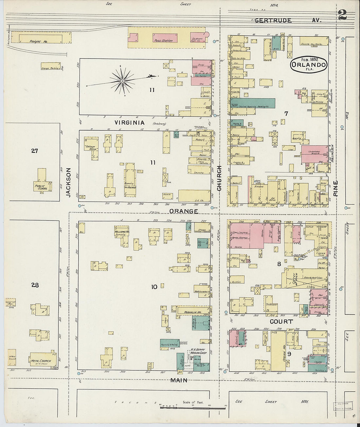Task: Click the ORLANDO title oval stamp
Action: pos(309,64)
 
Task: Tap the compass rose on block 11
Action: pos(122,80)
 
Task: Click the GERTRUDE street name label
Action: pos(273,20)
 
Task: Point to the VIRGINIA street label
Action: pos(129,123)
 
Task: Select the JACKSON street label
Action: pos(68,182)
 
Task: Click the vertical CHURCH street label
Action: pos(219,178)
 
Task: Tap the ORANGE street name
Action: pos(184,211)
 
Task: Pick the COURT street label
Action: pos(281,322)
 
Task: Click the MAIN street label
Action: pos(179,380)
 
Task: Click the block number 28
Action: pos(35,285)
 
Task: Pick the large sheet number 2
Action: pos(342,15)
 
